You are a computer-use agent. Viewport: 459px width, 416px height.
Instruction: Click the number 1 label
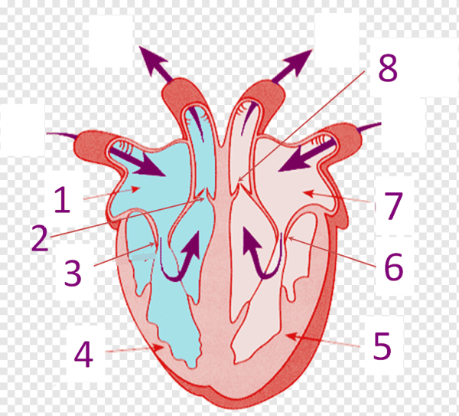[x=62, y=200]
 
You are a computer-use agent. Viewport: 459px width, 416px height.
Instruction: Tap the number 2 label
[x=40, y=237]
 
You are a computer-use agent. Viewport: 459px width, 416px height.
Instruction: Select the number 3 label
[x=73, y=274]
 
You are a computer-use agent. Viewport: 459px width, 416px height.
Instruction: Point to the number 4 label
[x=83, y=354]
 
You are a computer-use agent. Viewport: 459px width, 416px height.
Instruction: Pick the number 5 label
[x=382, y=346]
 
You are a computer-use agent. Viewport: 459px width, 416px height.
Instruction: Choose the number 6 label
[x=394, y=267]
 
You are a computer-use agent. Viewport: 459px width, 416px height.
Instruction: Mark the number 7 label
[x=393, y=206]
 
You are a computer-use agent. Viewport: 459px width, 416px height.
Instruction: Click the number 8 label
[x=388, y=67]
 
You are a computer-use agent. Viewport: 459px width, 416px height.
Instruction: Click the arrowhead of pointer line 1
[x=135, y=188]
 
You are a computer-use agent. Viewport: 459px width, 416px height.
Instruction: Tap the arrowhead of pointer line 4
[x=159, y=347]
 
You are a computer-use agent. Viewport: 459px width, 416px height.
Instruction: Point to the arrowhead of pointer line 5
[x=291, y=336]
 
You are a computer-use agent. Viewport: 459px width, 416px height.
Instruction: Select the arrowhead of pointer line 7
[x=307, y=192]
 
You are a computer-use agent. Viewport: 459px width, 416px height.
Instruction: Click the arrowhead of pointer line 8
[x=239, y=179]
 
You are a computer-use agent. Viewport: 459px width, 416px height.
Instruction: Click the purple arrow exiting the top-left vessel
[x=155, y=64]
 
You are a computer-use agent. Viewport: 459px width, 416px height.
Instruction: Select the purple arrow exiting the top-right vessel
[x=293, y=65]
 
